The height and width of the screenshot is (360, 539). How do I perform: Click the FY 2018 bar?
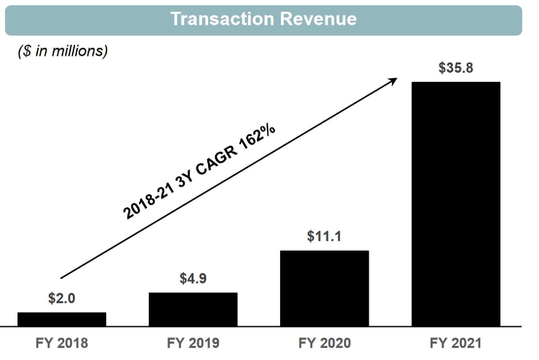[x=62, y=319]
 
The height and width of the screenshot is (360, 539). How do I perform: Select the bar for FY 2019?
[x=193, y=309]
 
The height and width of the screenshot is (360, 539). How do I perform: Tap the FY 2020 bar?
[x=324, y=288]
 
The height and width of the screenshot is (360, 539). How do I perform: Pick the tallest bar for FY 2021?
[x=456, y=204]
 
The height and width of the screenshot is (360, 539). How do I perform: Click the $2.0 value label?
[x=62, y=298]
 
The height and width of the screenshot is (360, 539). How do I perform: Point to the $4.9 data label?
[x=193, y=278]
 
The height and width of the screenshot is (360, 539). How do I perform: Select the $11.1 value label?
[x=324, y=236]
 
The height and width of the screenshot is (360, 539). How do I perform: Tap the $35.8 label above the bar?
[x=456, y=68]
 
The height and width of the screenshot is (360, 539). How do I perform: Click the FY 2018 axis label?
[x=62, y=343]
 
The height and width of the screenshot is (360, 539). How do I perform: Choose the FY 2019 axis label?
[x=193, y=343]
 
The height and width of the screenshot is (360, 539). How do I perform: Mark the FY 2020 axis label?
[x=324, y=343]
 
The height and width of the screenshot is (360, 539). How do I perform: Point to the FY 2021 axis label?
[x=456, y=343]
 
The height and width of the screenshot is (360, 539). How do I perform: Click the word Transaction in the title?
[x=222, y=19]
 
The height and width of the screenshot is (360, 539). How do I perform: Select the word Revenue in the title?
[x=318, y=19]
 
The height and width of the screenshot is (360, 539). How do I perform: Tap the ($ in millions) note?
[x=63, y=51]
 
